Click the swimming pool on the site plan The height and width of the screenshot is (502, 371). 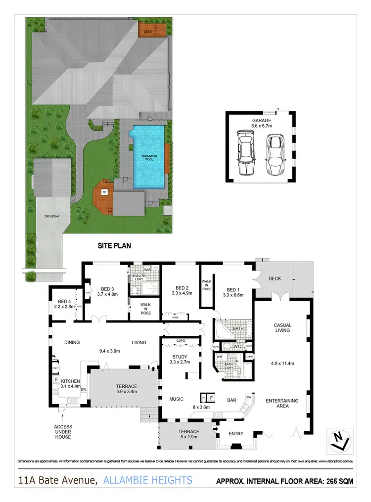pyautogui.click(x=148, y=157)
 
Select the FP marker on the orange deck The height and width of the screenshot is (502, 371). pyautogui.click(x=104, y=191)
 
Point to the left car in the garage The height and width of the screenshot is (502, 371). pyautogui.click(x=245, y=153)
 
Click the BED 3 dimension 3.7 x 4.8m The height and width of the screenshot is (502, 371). pyautogui.click(x=108, y=295)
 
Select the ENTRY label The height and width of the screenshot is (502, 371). pyautogui.click(x=236, y=434)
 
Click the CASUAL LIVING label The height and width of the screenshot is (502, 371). pyautogui.click(x=282, y=327)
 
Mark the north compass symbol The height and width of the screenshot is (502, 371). pyautogui.click(x=337, y=441)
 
